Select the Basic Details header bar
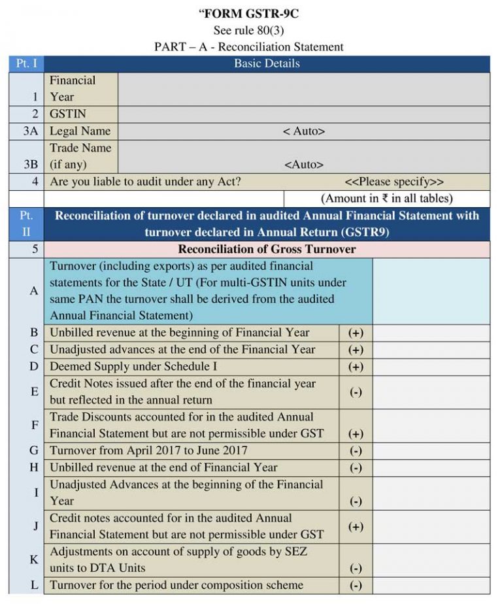pos(267,63)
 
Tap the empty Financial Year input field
pos(303,89)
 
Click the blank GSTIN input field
pos(303,114)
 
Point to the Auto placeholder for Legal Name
pos(303,131)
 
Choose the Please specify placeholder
pos(394,182)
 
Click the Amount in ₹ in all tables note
pos(387,198)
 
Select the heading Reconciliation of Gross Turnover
pos(267,249)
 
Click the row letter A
pos(34,291)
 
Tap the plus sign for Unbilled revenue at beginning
pos(356,333)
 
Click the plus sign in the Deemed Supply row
pos(356,367)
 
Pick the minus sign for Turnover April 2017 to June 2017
pos(356,451)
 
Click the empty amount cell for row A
pos(431,291)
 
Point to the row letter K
pos(34,560)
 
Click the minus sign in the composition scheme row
pos(356,585)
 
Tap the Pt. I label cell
pos(26,63)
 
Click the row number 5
pos(34,249)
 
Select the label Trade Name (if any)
pos(80,156)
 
